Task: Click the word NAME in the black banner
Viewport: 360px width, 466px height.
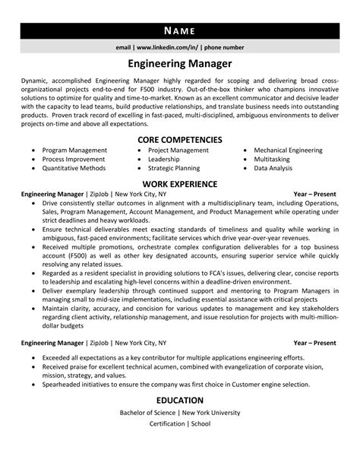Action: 179,31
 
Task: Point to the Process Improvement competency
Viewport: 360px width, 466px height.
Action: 74,160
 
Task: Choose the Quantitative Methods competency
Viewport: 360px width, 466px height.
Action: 75,169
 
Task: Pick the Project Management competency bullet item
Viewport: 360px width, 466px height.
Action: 178,151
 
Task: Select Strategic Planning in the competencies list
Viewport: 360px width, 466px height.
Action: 174,169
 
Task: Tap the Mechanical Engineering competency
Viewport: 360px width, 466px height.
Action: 288,151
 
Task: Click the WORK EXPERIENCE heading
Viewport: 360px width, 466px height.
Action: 179,184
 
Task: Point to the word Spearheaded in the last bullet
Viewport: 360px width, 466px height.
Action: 63,384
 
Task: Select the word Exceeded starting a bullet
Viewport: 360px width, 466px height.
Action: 58,357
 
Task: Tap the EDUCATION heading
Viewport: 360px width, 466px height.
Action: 179,400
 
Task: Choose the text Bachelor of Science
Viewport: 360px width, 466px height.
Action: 147,413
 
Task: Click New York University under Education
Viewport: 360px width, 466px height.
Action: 210,413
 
